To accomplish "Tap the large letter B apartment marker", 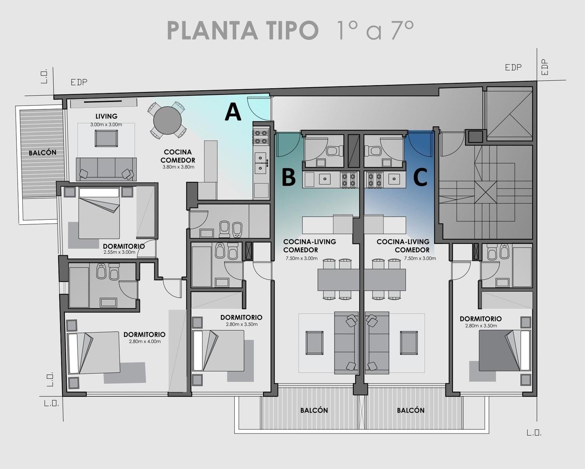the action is [x=289, y=177].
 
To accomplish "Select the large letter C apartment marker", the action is [x=420, y=177].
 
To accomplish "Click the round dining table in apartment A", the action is [x=167, y=120].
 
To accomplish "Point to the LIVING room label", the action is [x=106, y=116].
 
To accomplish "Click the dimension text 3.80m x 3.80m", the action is [x=178, y=167].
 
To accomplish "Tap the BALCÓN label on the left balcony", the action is [x=43, y=152].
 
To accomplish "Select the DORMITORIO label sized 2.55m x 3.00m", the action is [x=124, y=247].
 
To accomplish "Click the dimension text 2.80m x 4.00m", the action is [x=144, y=342].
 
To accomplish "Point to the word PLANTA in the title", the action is [x=212, y=30].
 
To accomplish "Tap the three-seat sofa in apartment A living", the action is [x=106, y=169].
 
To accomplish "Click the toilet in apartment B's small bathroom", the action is [x=335, y=151].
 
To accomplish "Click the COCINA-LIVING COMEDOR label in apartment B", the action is [x=310, y=246].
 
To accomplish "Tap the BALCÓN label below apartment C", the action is [x=410, y=410].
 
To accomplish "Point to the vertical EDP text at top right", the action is [x=545, y=67].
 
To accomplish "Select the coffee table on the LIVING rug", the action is [x=106, y=138].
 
